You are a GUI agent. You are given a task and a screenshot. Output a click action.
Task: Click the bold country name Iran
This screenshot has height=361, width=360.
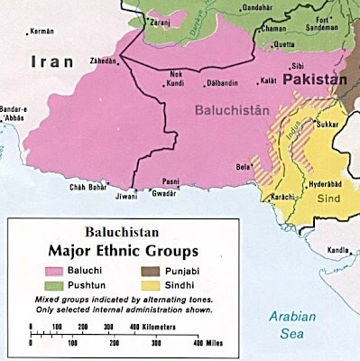coord(47,64)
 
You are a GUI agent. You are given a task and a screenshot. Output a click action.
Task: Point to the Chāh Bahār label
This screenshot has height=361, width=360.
coord(88,188)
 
